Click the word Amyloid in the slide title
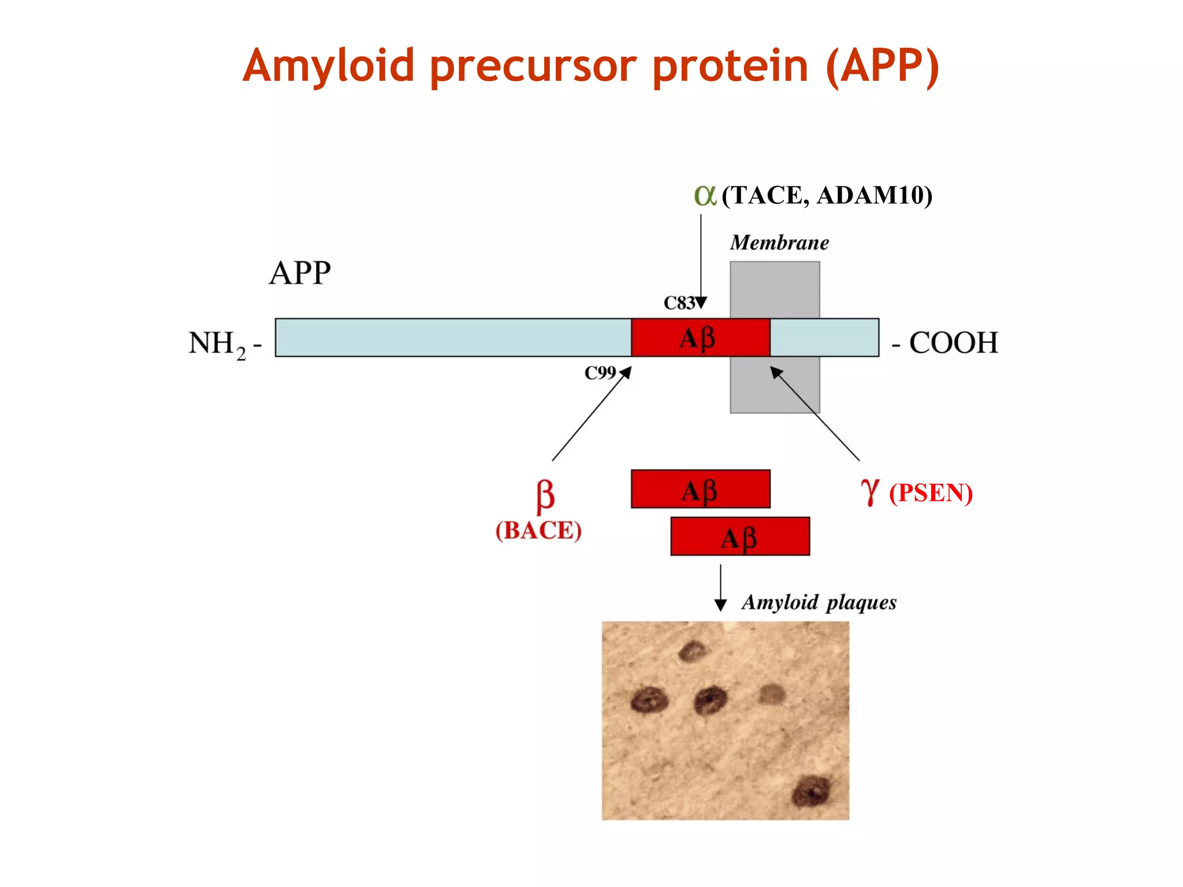pyautogui.click(x=328, y=66)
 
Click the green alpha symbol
pyautogui.click(x=705, y=196)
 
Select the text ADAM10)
pyautogui.click(x=875, y=196)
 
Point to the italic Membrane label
pyautogui.click(x=779, y=243)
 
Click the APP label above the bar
pyautogui.click(x=300, y=273)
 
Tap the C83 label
pyautogui.click(x=679, y=303)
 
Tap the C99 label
pyautogui.click(x=600, y=373)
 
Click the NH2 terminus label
pyautogui.click(x=217, y=344)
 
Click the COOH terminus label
pyautogui.click(x=953, y=343)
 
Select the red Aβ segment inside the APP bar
pyautogui.click(x=700, y=338)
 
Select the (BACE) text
pyautogui.click(x=538, y=531)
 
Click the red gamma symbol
pyautogui.click(x=870, y=493)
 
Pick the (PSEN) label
pyautogui.click(x=931, y=493)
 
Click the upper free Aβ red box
pyautogui.click(x=700, y=489)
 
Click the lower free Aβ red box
pyautogui.click(x=739, y=536)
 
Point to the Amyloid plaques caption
pyautogui.click(x=819, y=602)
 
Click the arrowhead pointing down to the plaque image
pyautogui.click(x=720, y=605)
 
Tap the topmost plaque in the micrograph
pyautogui.click(x=691, y=651)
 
